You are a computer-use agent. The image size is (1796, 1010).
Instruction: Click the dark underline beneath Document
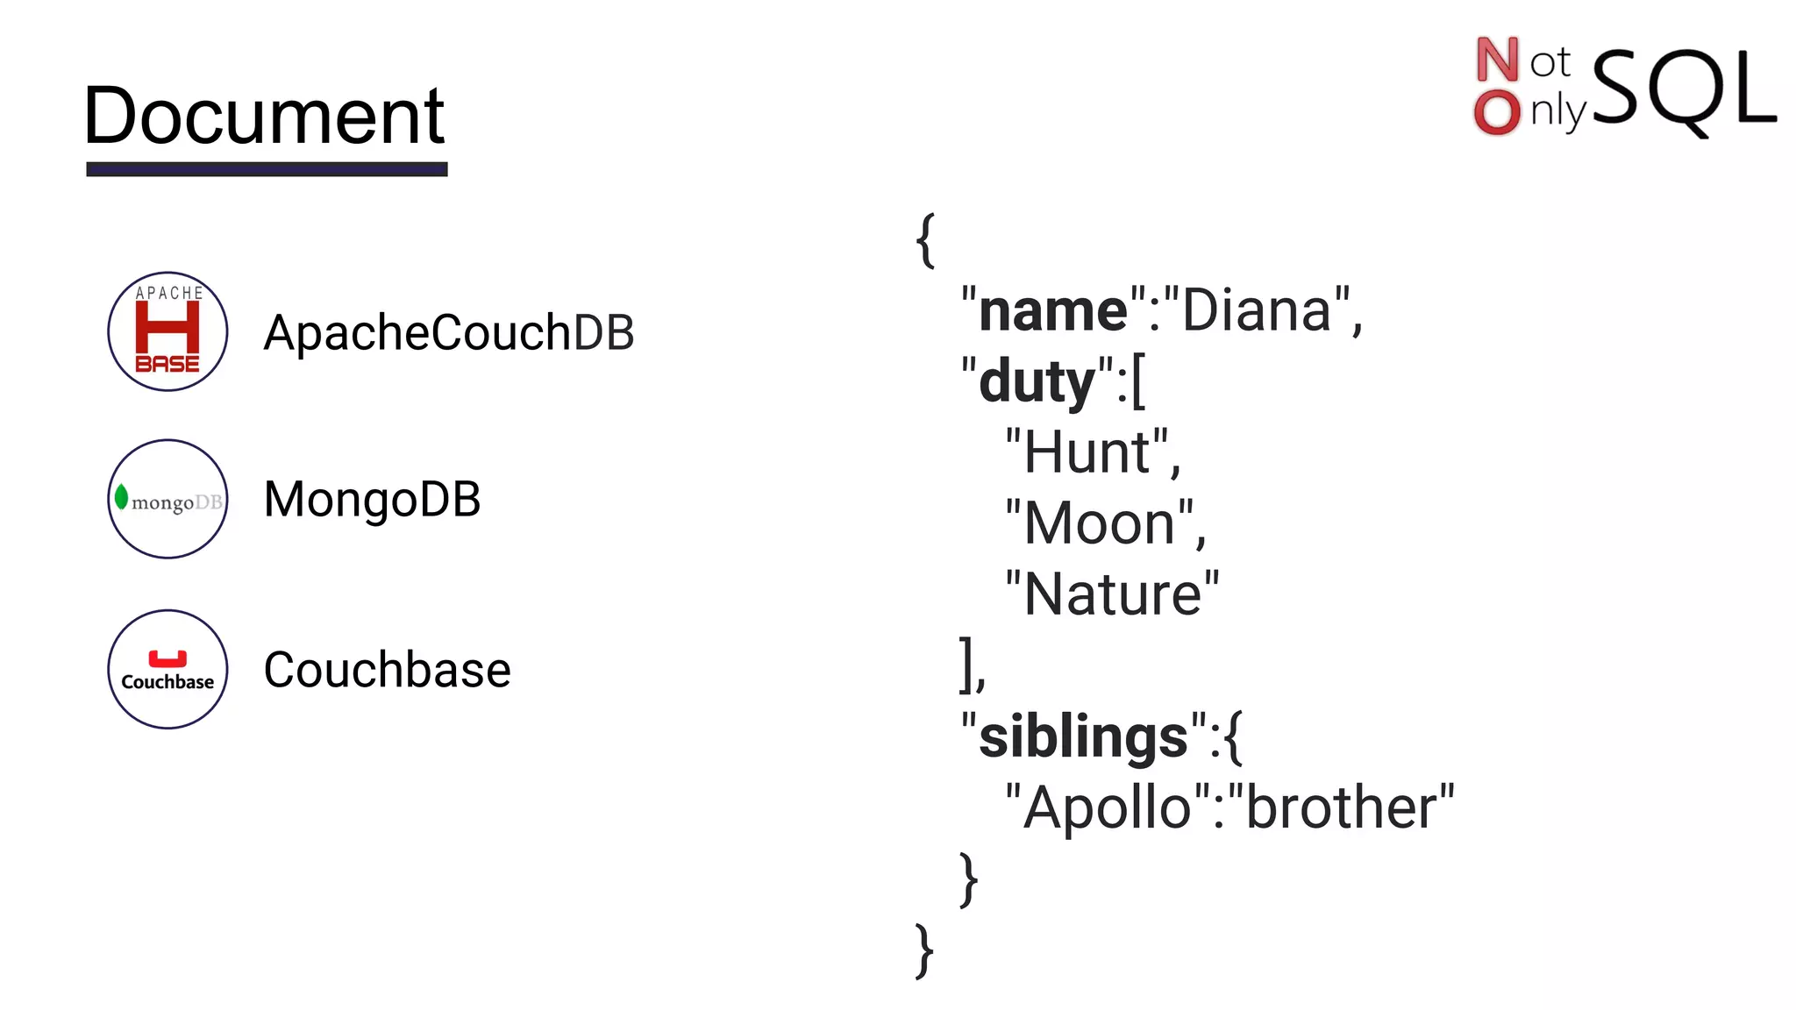267,169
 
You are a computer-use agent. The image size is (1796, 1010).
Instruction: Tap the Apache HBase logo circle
167,331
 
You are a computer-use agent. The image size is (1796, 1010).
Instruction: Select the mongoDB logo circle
167,499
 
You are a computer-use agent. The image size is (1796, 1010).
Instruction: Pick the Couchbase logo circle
167,669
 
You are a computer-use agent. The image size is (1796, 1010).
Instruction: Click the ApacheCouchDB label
448,333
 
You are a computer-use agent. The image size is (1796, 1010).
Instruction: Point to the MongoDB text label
372,500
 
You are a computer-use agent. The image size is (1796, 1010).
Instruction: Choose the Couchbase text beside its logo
387,670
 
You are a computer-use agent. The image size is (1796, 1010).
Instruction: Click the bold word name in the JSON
1052,311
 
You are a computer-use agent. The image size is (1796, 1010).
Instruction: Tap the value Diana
1257,311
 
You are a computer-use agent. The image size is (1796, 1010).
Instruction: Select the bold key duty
1037,382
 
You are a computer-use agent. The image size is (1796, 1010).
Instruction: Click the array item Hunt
1087,453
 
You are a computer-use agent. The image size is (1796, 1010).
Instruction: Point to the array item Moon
1099,524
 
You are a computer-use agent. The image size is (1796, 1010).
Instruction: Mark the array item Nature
1112,595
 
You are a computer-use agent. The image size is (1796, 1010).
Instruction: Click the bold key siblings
1082,736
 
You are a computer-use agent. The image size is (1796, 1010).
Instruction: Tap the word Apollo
1107,807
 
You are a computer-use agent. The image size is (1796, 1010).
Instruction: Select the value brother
1341,807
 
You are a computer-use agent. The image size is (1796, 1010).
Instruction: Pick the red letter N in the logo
1497,60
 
